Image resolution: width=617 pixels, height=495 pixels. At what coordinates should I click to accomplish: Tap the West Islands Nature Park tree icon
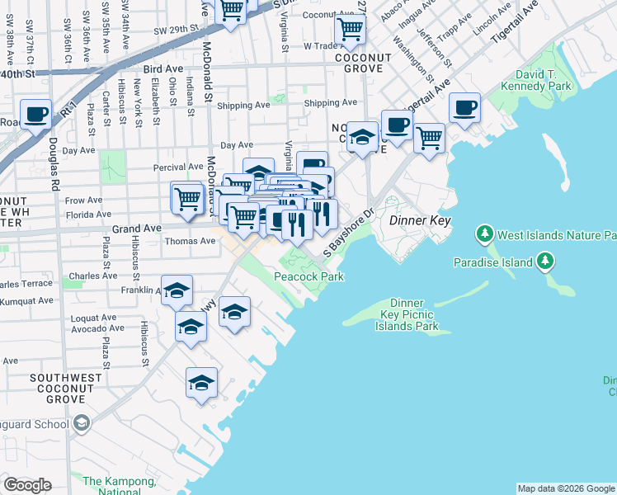(x=484, y=235)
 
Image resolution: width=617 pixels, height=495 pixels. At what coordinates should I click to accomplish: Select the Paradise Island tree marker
(x=544, y=262)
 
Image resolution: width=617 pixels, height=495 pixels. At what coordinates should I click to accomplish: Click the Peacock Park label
(x=308, y=277)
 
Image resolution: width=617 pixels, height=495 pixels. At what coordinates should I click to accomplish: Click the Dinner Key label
(x=419, y=220)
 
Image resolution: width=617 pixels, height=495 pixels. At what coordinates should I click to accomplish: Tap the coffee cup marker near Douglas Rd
(x=36, y=114)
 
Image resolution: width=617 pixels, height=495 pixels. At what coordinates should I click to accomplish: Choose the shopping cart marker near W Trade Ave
(x=351, y=29)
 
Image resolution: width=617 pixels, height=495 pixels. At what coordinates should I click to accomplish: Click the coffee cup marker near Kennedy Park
(x=464, y=106)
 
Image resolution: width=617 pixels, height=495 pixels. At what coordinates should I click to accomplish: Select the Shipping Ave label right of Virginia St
(x=330, y=103)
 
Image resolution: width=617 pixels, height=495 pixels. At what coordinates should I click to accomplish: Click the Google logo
(x=27, y=485)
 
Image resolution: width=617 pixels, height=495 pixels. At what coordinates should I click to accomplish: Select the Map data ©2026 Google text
(x=565, y=488)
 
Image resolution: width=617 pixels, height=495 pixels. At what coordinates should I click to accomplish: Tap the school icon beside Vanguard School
(x=81, y=424)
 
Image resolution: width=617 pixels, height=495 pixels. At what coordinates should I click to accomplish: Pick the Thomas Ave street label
(x=185, y=241)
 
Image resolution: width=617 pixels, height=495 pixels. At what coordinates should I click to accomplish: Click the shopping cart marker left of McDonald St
(x=187, y=197)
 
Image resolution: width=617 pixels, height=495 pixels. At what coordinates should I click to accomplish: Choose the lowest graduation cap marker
(x=201, y=383)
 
